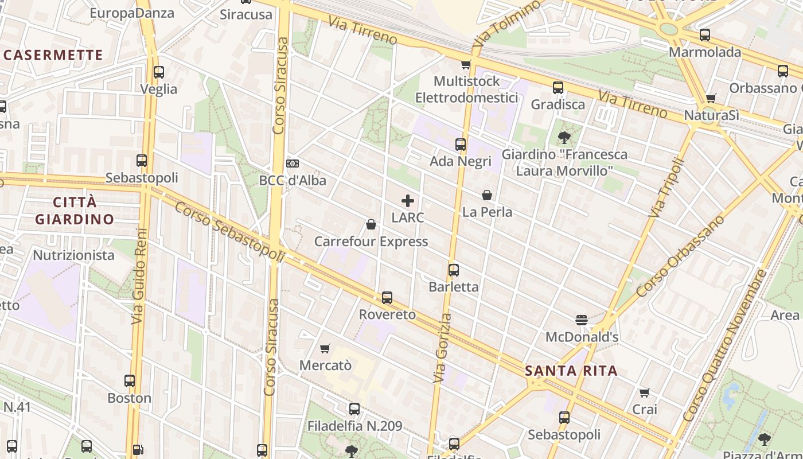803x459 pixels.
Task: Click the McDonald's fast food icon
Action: pyautogui.click(x=582, y=320)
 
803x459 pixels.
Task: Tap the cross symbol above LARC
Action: pyautogui.click(x=408, y=201)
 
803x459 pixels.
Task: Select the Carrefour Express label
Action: pyautogui.click(x=371, y=242)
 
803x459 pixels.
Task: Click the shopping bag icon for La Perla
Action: pyautogui.click(x=487, y=195)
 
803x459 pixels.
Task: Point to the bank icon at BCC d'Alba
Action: pyautogui.click(x=293, y=164)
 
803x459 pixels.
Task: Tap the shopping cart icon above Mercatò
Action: pyautogui.click(x=325, y=348)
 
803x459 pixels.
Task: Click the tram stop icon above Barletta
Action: pyautogui.click(x=454, y=270)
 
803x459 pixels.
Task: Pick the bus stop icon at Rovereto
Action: pyautogui.click(x=387, y=298)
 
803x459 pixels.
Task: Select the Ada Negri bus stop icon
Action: pyautogui.click(x=461, y=145)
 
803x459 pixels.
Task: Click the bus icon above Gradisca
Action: pyautogui.click(x=558, y=88)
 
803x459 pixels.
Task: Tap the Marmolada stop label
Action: pyautogui.click(x=705, y=52)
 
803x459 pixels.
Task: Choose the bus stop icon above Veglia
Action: pyautogui.click(x=159, y=72)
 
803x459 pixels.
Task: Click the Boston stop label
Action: pyautogui.click(x=130, y=398)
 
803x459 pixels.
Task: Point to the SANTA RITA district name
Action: pyautogui.click(x=571, y=371)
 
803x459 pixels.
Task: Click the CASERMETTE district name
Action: pyautogui.click(x=53, y=55)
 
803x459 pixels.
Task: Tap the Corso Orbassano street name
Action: pyautogui.click(x=681, y=256)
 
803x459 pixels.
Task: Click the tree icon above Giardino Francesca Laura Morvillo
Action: pyautogui.click(x=564, y=137)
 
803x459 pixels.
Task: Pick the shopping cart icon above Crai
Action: pyautogui.click(x=645, y=393)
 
